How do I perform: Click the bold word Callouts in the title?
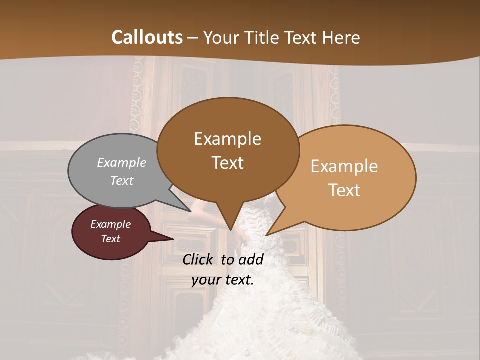[x=147, y=37]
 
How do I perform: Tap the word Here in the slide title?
[x=342, y=37]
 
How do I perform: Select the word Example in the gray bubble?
[x=122, y=162]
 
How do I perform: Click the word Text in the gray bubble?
[x=122, y=180]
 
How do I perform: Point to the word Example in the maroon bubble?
[x=111, y=224]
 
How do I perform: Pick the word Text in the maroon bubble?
[x=111, y=239]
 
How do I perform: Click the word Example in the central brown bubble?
[x=228, y=139]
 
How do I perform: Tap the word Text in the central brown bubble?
[x=228, y=163]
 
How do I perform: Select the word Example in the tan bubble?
[x=344, y=166]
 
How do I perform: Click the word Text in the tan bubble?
[x=344, y=190]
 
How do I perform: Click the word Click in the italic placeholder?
[x=199, y=259]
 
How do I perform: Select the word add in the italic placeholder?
[x=251, y=259]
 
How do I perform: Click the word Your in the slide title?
[x=220, y=37]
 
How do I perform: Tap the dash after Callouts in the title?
[x=192, y=37]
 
